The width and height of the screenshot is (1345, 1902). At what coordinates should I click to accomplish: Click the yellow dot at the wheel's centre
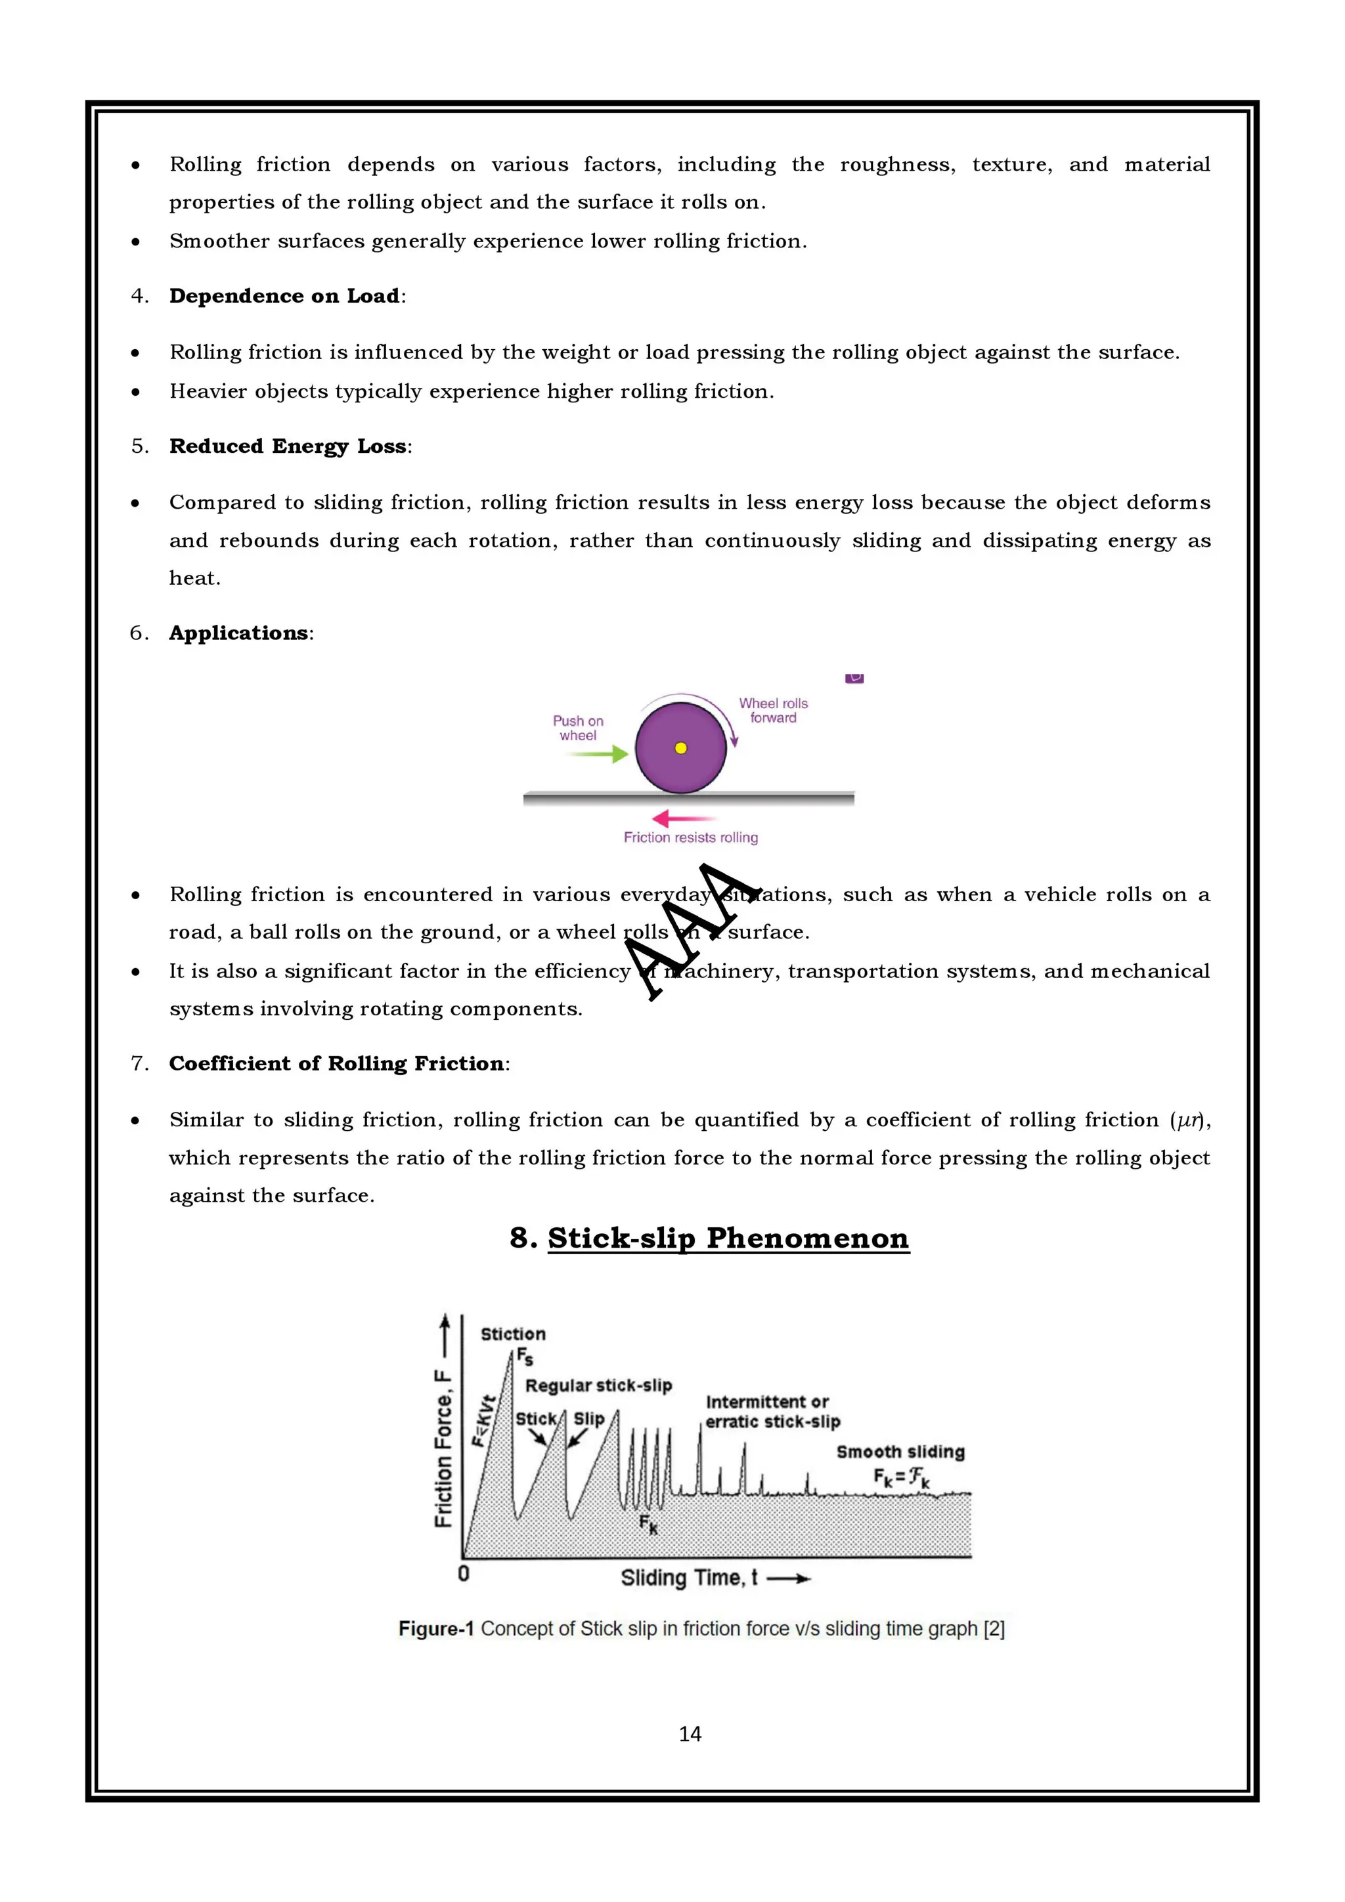(680, 748)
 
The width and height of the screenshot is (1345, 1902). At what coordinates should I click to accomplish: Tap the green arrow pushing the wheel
(598, 754)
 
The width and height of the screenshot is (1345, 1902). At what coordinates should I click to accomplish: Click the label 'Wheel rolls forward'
(773, 711)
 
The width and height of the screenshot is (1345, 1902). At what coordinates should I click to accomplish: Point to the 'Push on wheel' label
(578, 728)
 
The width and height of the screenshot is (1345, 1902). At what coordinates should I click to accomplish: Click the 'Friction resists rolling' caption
(690, 837)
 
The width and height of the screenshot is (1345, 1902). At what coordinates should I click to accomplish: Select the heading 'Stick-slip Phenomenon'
(728, 1238)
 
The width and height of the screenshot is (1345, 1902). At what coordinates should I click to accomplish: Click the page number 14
(690, 1734)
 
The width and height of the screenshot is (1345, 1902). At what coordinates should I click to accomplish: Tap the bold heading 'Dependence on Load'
(284, 297)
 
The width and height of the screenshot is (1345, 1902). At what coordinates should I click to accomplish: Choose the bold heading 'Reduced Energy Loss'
(288, 446)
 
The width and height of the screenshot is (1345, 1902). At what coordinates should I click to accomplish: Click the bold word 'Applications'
(238, 634)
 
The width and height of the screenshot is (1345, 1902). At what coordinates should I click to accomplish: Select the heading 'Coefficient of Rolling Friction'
(336, 1064)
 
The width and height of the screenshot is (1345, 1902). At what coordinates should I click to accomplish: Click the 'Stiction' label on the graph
(513, 1334)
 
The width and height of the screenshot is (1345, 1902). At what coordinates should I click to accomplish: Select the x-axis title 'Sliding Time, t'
(689, 1578)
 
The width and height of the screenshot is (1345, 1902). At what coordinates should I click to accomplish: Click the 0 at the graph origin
(463, 1573)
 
